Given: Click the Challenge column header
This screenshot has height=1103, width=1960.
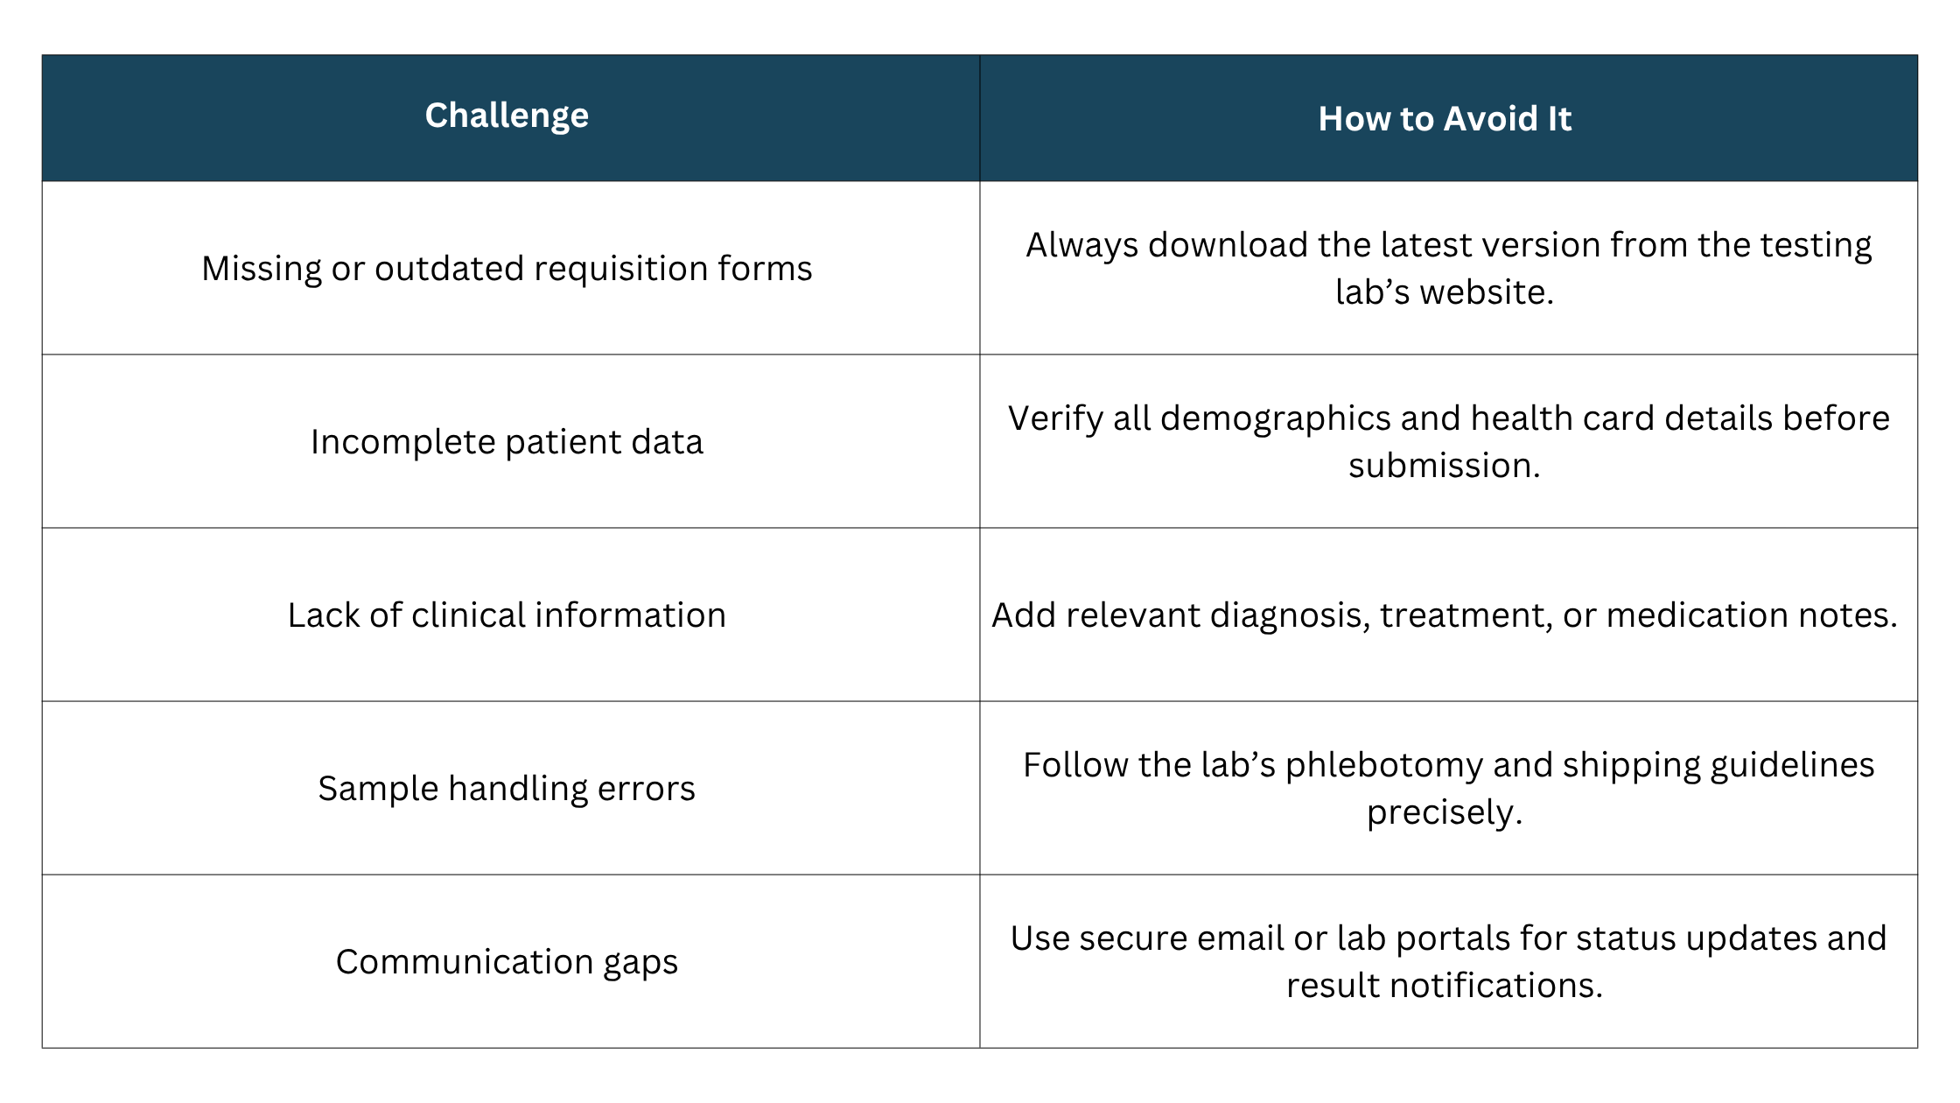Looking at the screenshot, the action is (x=507, y=116).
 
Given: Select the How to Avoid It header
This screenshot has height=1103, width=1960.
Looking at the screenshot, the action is (x=1445, y=119).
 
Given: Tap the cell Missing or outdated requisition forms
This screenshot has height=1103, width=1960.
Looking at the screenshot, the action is (x=507, y=269).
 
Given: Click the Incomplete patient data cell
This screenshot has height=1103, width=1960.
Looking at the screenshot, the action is (x=507, y=442).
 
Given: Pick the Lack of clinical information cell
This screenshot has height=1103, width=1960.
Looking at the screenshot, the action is (x=507, y=615).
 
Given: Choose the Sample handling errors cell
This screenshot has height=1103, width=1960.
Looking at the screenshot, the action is (x=507, y=789).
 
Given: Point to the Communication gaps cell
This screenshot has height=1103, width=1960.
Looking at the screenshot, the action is (x=507, y=962).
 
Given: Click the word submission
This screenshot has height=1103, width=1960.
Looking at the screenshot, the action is (x=1444, y=466).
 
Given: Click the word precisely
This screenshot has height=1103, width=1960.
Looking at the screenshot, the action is (x=1444, y=812).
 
